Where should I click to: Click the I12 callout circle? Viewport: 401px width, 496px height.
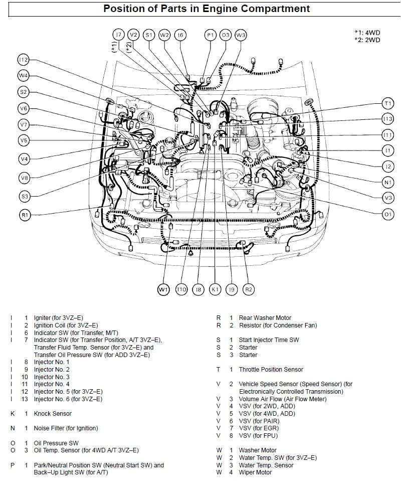point(23,60)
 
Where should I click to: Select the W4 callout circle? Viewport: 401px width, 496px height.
point(23,76)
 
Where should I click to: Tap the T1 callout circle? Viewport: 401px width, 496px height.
point(387,103)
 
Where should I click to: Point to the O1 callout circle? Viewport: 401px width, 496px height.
point(387,214)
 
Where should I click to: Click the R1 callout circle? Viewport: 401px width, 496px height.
point(25,215)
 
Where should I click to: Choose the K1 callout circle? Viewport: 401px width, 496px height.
point(215,289)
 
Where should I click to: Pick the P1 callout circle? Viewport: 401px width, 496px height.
point(211,35)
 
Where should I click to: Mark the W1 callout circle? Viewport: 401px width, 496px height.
point(163,289)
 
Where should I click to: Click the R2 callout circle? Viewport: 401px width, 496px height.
point(248,289)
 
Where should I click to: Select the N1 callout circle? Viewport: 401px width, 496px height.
point(387,182)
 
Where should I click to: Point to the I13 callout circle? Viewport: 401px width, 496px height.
point(387,119)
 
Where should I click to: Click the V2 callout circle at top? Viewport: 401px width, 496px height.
point(133,35)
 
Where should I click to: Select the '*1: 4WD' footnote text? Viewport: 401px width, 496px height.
point(367,33)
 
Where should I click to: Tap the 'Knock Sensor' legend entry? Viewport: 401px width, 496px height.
point(53,414)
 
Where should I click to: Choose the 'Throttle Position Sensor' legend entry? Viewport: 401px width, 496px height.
point(271,370)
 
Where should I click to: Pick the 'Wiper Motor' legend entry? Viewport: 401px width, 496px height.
point(255,472)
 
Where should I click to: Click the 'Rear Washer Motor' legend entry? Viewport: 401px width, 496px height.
point(265,318)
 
